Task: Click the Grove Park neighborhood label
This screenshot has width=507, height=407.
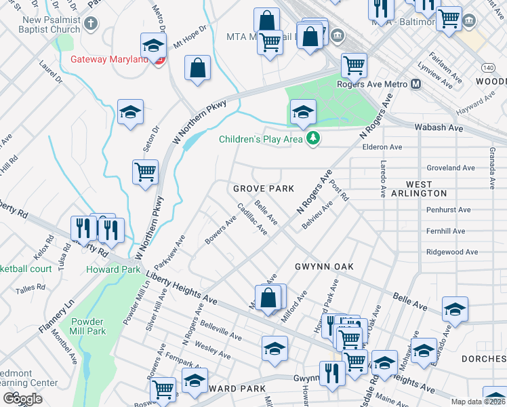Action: [x=264, y=188]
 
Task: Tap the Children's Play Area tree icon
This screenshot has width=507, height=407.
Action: [x=312, y=139]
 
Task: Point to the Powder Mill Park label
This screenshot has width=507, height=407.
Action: [x=86, y=326]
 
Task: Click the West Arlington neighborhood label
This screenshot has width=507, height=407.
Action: [x=419, y=189]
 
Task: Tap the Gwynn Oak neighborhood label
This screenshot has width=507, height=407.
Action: [x=324, y=267]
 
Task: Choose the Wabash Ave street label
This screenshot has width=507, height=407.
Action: [x=439, y=128]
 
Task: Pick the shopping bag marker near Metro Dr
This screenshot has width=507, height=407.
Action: [x=197, y=68]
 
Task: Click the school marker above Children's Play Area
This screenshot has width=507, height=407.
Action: [x=303, y=111]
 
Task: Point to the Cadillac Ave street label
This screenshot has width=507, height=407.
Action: [x=252, y=218]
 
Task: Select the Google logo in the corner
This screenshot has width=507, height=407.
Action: [x=22, y=399]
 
